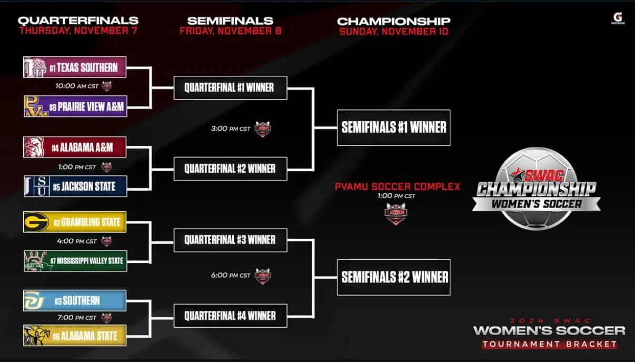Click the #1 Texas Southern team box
pyautogui.click(x=75, y=67)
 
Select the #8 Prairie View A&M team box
pyautogui.click(x=75, y=106)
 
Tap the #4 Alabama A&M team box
pyautogui.click(x=75, y=148)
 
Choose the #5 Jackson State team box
pyautogui.click(x=75, y=187)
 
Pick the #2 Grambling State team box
pyautogui.click(x=75, y=222)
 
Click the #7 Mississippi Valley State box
pyautogui.click(x=75, y=261)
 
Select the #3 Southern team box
pyautogui.click(x=75, y=301)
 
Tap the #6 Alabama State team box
pyautogui.click(x=75, y=336)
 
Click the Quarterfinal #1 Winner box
pyautogui.click(x=230, y=87)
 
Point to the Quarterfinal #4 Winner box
pyautogui.click(x=230, y=316)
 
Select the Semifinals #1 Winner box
pyautogui.click(x=393, y=128)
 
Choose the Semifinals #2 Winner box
pyautogui.click(x=393, y=277)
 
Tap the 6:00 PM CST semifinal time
pyautogui.click(x=231, y=275)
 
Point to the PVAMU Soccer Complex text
pyautogui.click(x=397, y=187)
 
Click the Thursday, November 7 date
pyautogui.click(x=78, y=31)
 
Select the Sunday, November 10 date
pyautogui.click(x=393, y=31)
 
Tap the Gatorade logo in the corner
pyautogui.click(x=617, y=18)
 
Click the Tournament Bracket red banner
pyautogui.click(x=549, y=344)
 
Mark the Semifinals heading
pyautogui.click(x=230, y=21)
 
